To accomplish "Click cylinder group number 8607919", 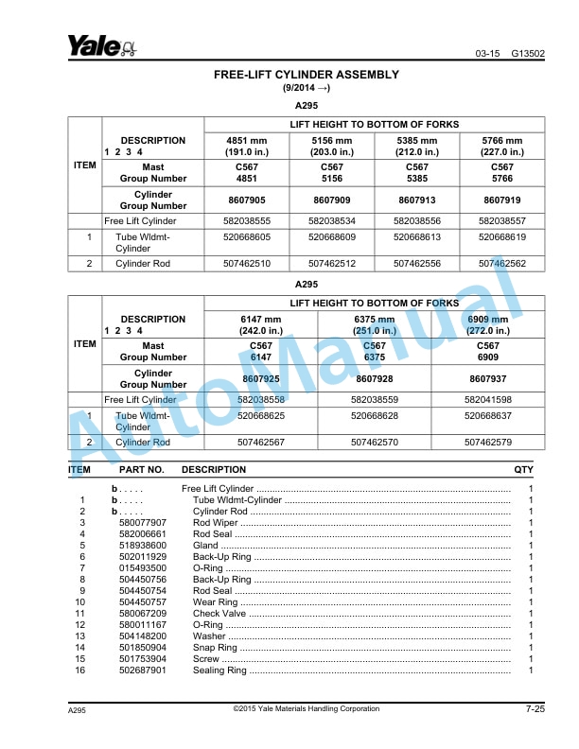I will pos(501,200).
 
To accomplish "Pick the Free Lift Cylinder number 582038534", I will pos(331,220).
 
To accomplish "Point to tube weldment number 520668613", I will pos(416,237).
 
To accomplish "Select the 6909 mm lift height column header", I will pos(487,324).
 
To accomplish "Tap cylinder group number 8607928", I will pos(374,378).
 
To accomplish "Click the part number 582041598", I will pos(487,399).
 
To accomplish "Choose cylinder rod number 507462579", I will pos(487,442).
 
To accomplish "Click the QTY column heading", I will pos(523,469).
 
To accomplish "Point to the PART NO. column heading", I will pos(142,469).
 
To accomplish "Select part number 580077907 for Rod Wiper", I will pos(142,522).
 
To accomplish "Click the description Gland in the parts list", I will pos(205,545).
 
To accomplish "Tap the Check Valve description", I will pos(219,613).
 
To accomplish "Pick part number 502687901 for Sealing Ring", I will pos(142,670).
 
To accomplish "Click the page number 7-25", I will pos(535,709).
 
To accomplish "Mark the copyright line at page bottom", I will pos(306,708).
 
